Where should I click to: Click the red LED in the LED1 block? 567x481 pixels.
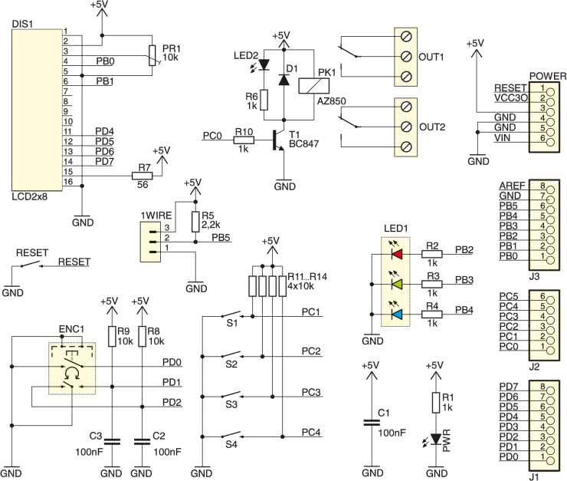click(x=397, y=254)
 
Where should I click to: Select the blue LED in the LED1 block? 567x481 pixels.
click(x=397, y=315)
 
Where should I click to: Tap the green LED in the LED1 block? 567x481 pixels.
click(x=397, y=284)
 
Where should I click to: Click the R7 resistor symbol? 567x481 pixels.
click(x=142, y=176)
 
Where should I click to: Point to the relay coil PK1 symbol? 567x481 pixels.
click(x=314, y=86)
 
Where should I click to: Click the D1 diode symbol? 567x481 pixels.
click(x=283, y=80)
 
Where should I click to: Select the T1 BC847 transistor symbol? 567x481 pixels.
click(x=278, y=140)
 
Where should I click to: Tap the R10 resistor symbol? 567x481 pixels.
click(x=244, y=140)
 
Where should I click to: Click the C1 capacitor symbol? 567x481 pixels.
click(x=372, y=423)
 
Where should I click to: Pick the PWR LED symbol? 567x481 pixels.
click(x=436, y=439)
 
